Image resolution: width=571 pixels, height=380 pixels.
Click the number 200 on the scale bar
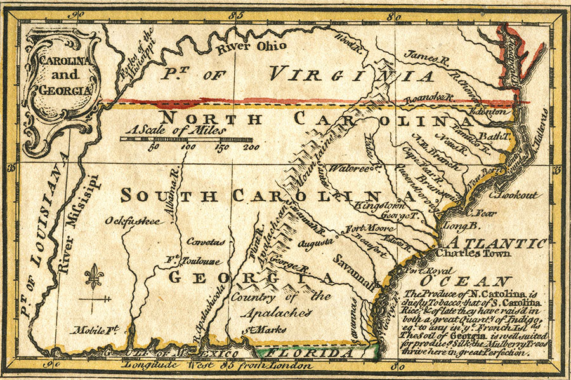[251, 147]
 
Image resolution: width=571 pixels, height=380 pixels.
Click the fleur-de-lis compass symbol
[93, 278]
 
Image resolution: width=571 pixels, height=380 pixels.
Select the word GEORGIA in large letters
[251, 278]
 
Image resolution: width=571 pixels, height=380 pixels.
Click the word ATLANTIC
[497, 241]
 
